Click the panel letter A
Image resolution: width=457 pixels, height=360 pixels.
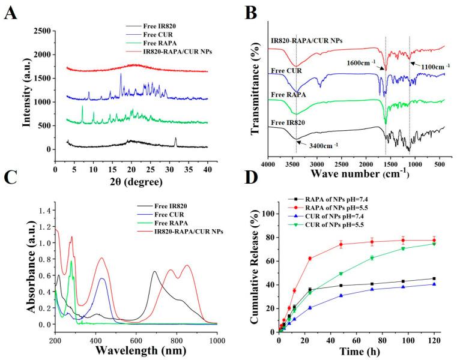pyautogui.click(x=11, y=12)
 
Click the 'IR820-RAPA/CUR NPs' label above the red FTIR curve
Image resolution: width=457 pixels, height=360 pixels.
pyautogui.click(x=299, y=41)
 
